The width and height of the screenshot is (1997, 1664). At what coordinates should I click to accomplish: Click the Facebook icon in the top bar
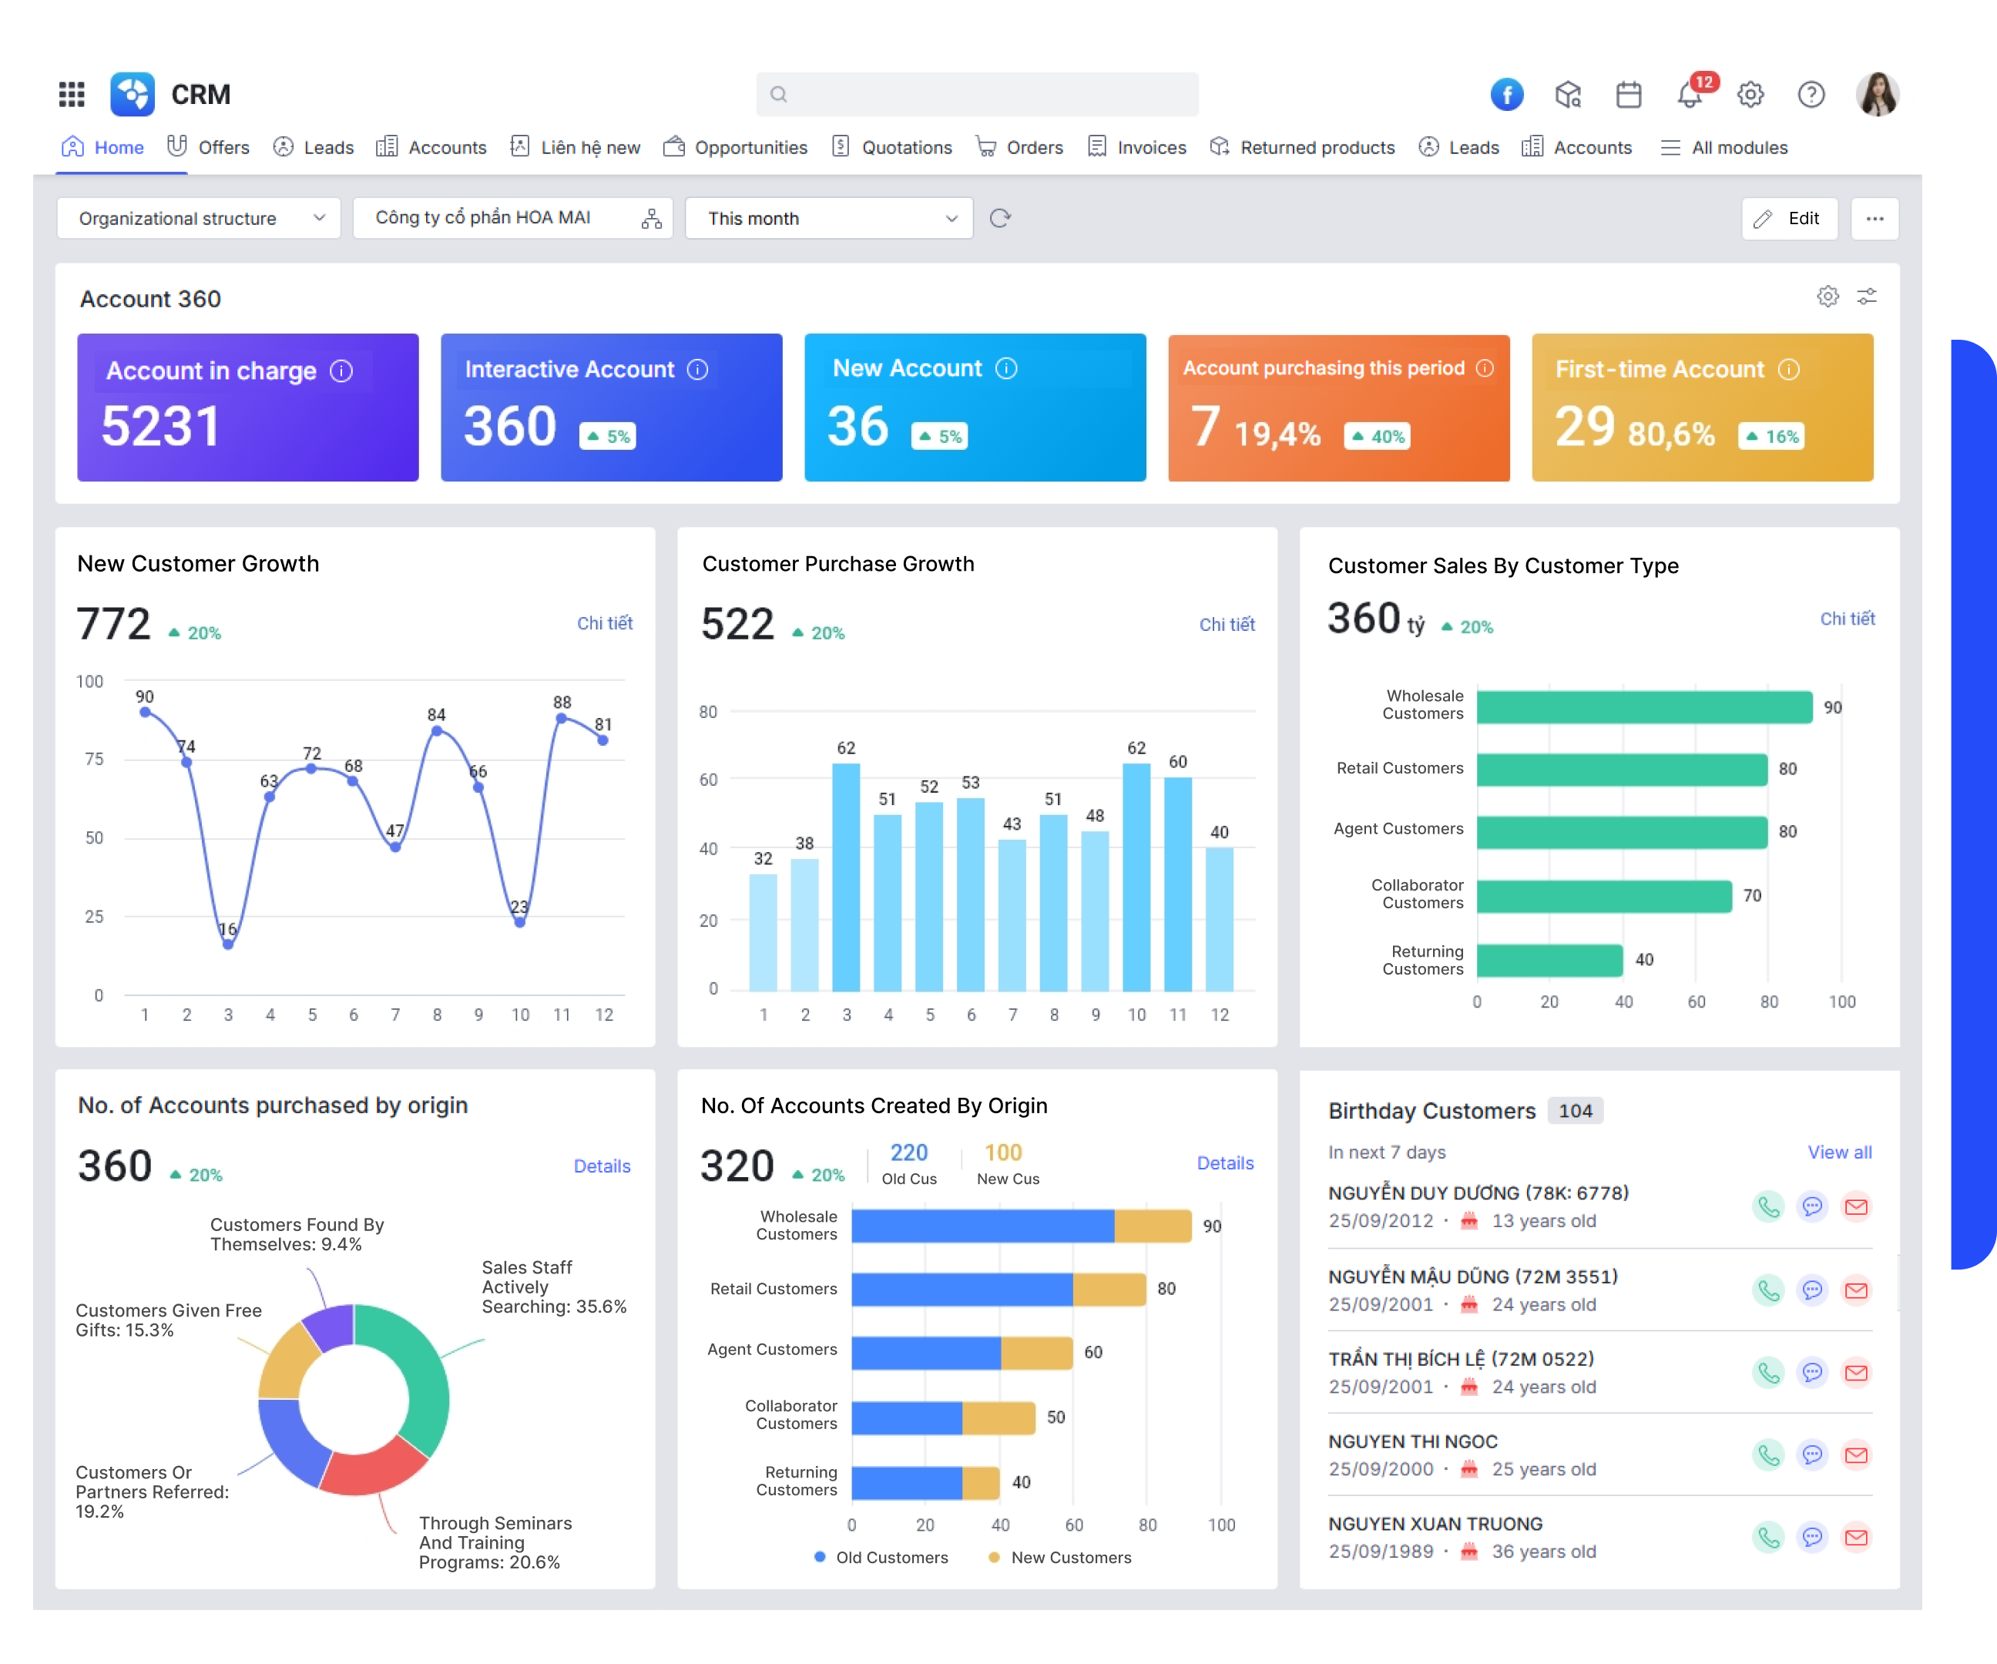coord(1506,94)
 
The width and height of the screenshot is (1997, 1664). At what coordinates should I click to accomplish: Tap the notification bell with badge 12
coord(1690,95)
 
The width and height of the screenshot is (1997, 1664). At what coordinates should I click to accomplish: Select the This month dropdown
coord(828,219)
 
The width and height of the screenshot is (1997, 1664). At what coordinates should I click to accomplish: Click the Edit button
coord(1789,219)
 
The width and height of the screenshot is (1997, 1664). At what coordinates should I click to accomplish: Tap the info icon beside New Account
coord(1006,369)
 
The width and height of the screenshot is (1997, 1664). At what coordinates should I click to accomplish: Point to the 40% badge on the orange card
coord(1377,437)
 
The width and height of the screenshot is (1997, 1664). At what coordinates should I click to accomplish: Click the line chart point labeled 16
coord(228,944)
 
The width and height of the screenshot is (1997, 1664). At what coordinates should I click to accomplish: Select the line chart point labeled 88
coord(561,719)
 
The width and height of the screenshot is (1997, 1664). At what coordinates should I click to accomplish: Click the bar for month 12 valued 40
coord(1219,918)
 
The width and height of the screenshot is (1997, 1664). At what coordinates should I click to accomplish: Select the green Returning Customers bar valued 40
coord(1549,961)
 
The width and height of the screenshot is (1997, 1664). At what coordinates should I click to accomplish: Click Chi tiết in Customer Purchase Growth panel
coord(1226,625)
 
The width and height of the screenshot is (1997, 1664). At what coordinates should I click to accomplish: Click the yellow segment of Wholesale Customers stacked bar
coord(1153,1226)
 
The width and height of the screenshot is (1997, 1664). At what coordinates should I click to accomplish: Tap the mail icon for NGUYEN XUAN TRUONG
coord(1855,1538)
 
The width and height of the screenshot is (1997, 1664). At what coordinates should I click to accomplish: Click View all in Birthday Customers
coord(1838,1152)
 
